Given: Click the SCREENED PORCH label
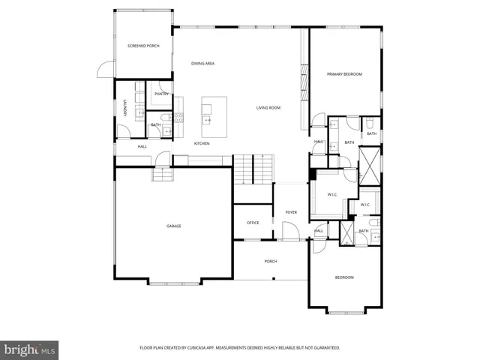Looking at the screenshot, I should (142, 46).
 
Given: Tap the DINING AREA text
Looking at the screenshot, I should (202, 64).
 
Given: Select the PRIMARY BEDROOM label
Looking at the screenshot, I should (344, 74).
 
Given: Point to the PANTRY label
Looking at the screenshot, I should (161, 94).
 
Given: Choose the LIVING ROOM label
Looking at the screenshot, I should (268, 108).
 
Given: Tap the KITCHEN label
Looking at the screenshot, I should (202, 143).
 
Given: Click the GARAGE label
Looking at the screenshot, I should (173, 226).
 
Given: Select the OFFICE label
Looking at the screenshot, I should (253, 223).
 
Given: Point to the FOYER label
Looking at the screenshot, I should (291, 212).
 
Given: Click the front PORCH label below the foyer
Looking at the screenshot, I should (271, 261).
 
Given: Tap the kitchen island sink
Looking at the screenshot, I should (207, 120).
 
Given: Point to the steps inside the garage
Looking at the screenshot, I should (163, 174).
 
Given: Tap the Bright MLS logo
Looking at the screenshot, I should (30, 349).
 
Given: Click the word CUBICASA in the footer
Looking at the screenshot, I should (206, 348).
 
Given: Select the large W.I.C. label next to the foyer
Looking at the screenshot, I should (333, 195).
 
